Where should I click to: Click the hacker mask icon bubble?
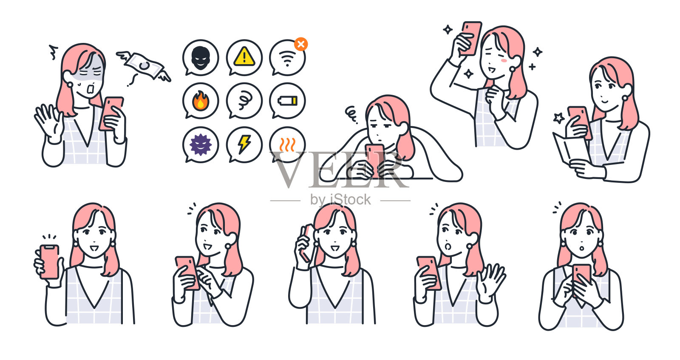201,58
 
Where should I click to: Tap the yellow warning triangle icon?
244,57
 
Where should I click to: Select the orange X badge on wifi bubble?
301,44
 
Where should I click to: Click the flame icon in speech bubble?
201,101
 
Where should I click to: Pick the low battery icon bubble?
288,101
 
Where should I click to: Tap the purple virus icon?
201,145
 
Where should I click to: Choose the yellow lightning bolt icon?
244,145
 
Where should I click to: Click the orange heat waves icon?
288,145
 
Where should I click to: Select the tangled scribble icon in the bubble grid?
244,101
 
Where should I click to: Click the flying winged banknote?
144,66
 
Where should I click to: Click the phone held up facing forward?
49,261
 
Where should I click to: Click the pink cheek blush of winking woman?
504,61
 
